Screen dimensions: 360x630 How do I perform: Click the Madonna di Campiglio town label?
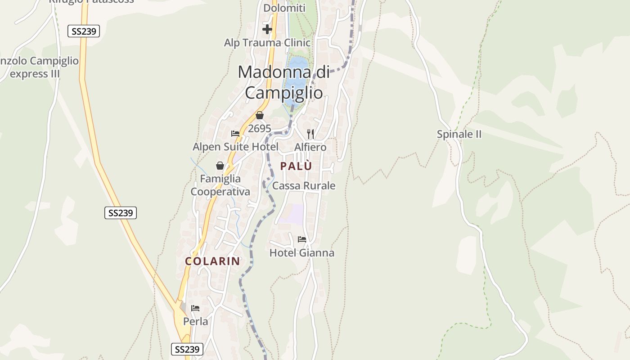[x=283, y=82]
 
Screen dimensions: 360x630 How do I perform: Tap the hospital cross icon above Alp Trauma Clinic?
[x=267, y=29]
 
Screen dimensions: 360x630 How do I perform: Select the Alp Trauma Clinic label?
[x=267, y=43]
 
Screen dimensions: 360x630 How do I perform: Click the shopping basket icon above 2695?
[x=259, y=115]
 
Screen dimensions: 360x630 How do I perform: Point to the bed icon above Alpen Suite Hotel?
[x=235, y=134]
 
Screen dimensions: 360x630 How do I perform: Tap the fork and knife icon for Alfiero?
[x=310, y=134]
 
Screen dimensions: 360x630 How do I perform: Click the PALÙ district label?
[x=296, y=166]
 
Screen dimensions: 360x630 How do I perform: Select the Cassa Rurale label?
[x=304, y=185]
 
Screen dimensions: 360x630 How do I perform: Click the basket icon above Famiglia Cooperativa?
[x=220, y=166]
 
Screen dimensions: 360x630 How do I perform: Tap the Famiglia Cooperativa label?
[x=220, y=185]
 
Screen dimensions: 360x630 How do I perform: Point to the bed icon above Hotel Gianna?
[x=301, y=239]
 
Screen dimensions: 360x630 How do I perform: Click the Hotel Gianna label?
[x=301, y=253]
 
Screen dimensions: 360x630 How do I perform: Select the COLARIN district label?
[x=212, y=261]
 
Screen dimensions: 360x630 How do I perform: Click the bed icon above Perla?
[x=195, y=308]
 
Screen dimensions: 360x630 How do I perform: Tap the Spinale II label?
[x=459, y=134]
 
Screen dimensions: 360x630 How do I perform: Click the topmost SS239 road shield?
[x=84, y=31]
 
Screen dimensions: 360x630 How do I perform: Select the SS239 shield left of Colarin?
[x=121, y=213]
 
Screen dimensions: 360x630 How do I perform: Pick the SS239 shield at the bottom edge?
[x=187, y=349]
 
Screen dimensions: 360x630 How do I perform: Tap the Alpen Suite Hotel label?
[x=235, y=147]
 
